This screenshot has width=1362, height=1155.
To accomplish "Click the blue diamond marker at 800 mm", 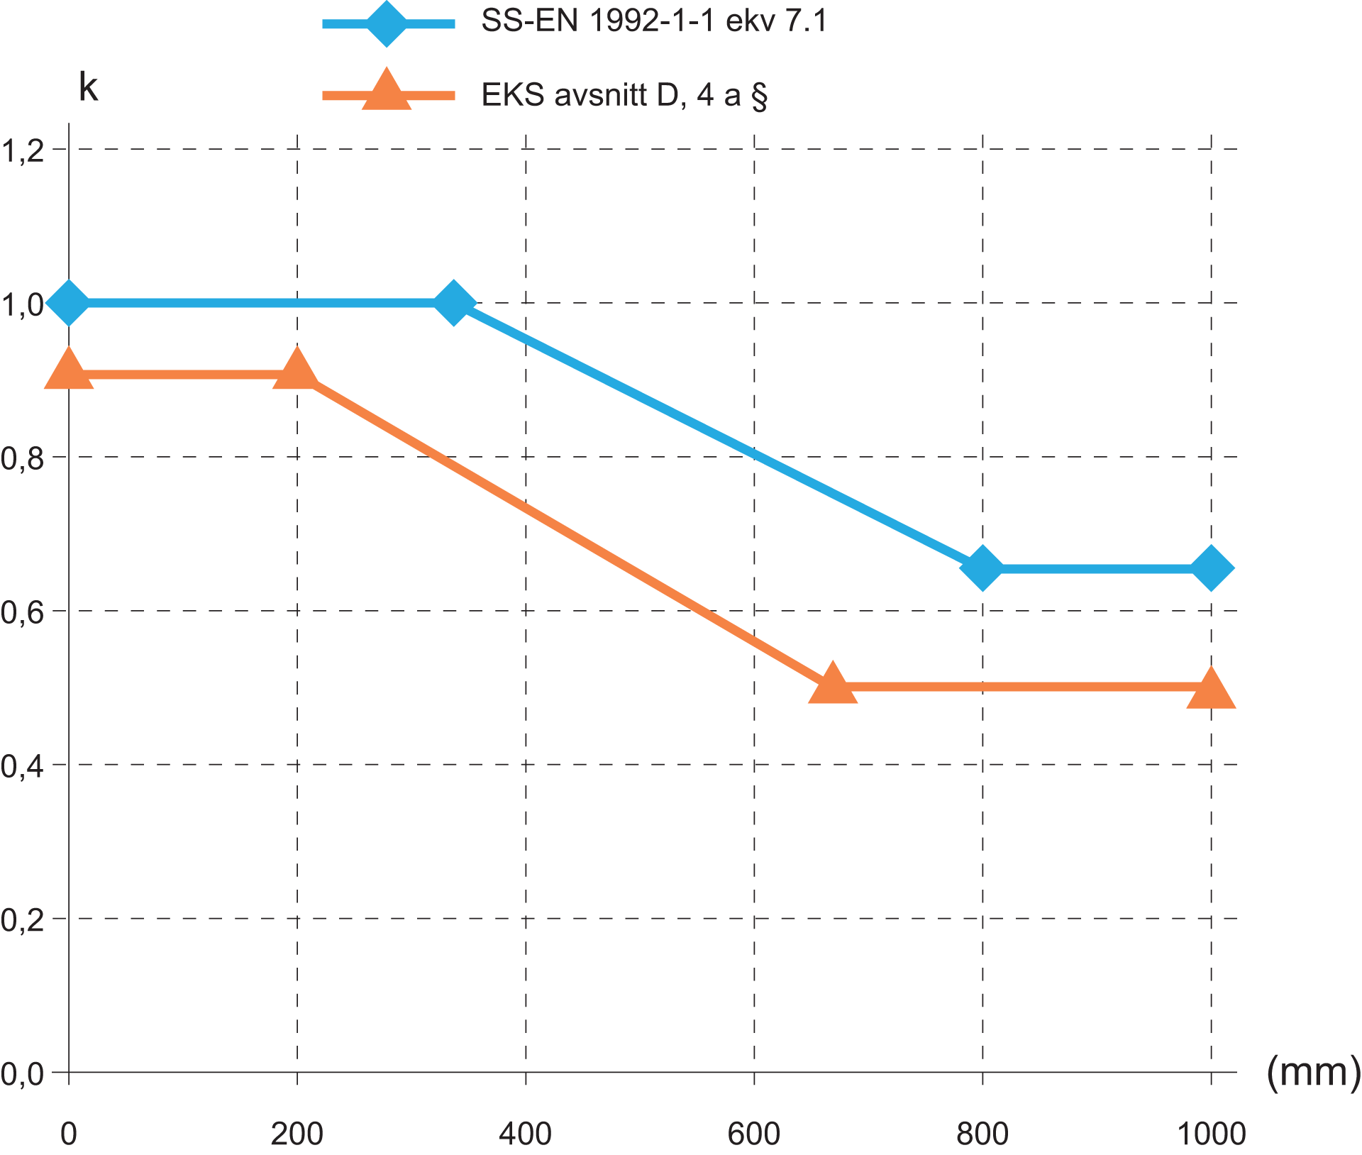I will tap(982, 568).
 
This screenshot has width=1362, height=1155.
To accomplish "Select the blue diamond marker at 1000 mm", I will tap(1212, 568).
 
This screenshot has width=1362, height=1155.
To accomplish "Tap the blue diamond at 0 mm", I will tap(68, 302).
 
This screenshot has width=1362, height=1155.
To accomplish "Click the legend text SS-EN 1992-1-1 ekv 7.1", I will tap(654, 21).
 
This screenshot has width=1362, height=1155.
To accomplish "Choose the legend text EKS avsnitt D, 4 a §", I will tap(624, 95).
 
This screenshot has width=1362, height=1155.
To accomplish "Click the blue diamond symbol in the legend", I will tap(387, 23).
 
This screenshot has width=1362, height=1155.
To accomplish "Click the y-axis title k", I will tap(88, 87).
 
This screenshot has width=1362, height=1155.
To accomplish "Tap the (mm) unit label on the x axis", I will tap(1313, 1072).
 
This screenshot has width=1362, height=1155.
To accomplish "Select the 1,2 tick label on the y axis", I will tap(23, 150).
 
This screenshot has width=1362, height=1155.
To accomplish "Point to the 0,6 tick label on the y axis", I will tap(23, 612).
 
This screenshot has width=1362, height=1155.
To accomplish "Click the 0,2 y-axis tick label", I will tap(23, 919).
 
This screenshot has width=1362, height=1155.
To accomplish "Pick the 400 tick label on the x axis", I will tap(525, 1134).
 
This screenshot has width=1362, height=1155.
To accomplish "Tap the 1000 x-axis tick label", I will tap(1211, 1134).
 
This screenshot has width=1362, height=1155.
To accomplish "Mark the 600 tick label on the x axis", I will tap(753, 1134).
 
